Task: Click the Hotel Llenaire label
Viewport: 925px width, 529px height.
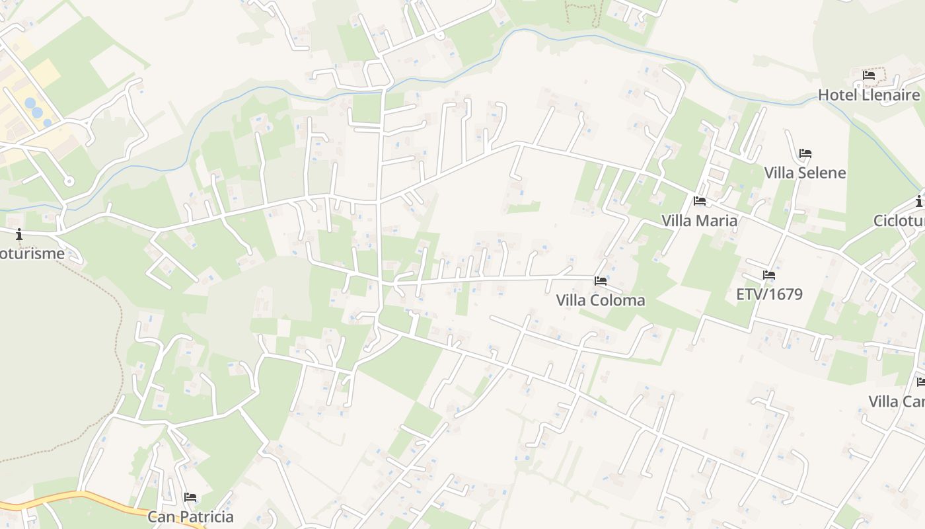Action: pyautogui.click(x=868, y=95)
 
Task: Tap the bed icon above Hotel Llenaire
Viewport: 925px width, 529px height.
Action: pyautogui.click(x=869, y=75)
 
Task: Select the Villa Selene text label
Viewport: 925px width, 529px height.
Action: pyautogui.click(x=805, y=173)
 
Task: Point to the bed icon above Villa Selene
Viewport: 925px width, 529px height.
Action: pyautogui.click(x=805, y=153)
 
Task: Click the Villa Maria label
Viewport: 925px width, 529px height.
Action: pyautogui.click(x=700, y=220)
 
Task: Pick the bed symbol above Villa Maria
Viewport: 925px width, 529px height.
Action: pyautogui.click(x=700, y=201)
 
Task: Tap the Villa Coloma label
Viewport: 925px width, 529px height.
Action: pyautogui.click(x=601, y=300)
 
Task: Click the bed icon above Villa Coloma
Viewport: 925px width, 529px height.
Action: pyautogui.click(x=601, y=281)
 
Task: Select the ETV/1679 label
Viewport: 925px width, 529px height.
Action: pyautogui.click(x=769, y=294)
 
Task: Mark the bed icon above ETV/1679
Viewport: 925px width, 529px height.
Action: pyautogui.click(x=768, y=274)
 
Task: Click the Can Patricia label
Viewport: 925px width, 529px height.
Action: pyautogui.click(x=190, y=516)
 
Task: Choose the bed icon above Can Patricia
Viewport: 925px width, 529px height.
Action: pyautogui.click(x=190, y=497)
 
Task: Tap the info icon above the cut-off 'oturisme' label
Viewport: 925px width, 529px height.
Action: pyautogui.click(x=19, y=233)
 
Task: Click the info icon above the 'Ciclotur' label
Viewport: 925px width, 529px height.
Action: pyautogui.click(x=919, y=201)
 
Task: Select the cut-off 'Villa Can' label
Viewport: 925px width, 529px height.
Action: pyautogui.click(x=896, y=401)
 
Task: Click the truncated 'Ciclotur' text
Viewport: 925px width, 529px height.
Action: pyautogui.click(x=899, y=220)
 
